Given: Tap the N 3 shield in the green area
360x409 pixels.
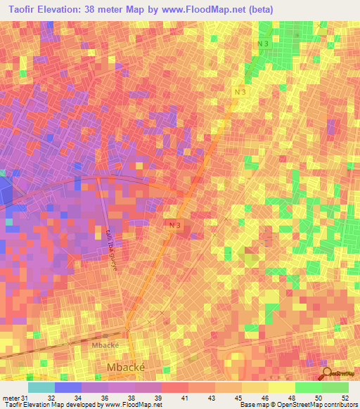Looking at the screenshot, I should point(262,44).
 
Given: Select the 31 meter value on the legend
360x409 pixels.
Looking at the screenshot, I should point(27,397).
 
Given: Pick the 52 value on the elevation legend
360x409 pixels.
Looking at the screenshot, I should point(345,397).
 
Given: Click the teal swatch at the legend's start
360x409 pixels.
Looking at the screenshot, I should point(41,387).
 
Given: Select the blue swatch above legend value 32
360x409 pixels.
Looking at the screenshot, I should point(67,387).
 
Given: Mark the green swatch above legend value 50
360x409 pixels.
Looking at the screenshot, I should point(308,387).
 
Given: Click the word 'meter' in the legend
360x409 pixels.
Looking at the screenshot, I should point(11,397).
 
